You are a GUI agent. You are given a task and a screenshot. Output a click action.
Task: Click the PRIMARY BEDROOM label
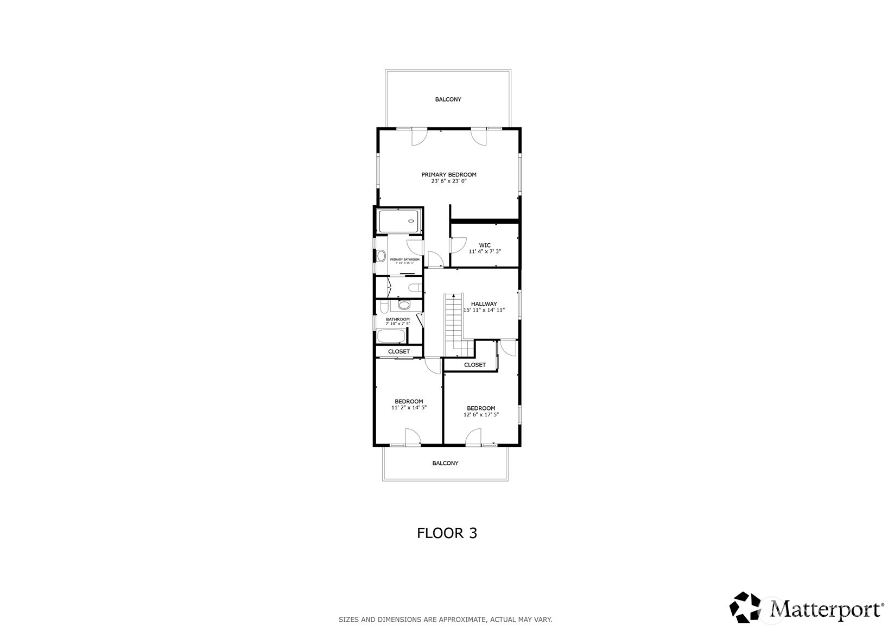point(449,175)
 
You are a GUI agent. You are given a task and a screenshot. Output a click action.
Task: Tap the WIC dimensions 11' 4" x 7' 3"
point(485,252)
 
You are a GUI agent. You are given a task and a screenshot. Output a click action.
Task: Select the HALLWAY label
point(484,304)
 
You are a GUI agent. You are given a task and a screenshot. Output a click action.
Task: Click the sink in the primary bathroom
point(381,256)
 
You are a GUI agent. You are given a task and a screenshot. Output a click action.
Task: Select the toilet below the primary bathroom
point(415,288)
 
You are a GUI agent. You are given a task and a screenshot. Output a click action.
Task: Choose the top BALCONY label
point(448,100)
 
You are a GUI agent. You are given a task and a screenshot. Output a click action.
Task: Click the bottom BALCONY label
point(445,464)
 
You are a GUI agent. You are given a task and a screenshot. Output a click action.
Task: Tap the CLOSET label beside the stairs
point(475,365)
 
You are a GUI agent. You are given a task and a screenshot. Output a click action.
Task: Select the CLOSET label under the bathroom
point(399,352)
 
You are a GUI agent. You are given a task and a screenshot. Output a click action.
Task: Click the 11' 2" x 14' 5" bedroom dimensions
point(409,408)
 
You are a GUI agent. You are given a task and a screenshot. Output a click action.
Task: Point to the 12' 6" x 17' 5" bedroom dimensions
point(481,415)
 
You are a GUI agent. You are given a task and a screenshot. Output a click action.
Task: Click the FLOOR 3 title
point(447,533)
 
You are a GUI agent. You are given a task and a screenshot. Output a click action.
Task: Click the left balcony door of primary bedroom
point(418,137)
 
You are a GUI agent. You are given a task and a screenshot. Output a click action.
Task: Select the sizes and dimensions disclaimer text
point(445,620)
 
